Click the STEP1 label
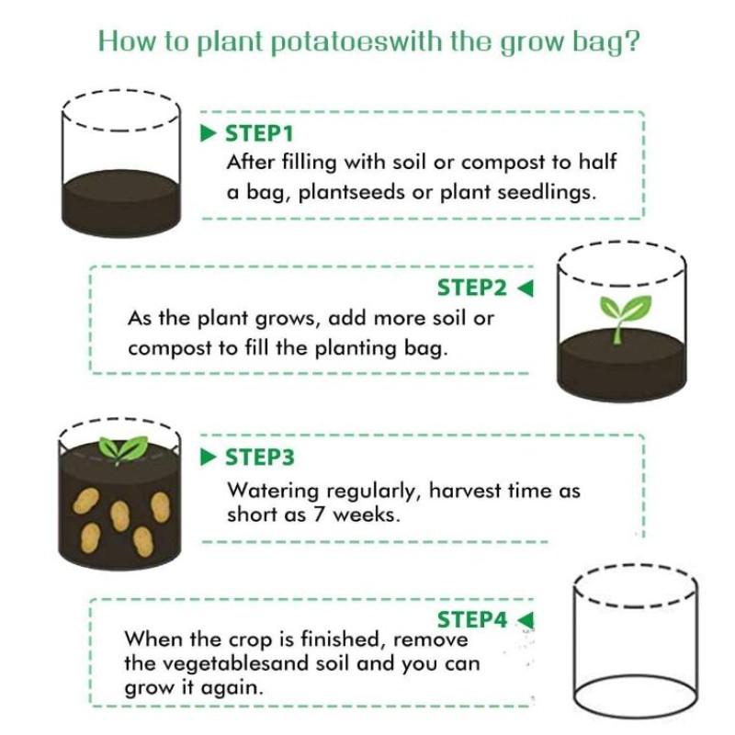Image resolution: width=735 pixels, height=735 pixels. point(259,134)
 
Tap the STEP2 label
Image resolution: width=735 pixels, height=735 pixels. point(471,288)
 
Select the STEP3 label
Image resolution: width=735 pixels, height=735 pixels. point(259,457)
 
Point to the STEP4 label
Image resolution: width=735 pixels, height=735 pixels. point(471,619)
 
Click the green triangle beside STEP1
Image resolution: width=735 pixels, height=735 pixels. point(209,134)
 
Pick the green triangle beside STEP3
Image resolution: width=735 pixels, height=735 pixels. point(209,457)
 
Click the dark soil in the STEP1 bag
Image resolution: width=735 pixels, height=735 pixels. point(119,201)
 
